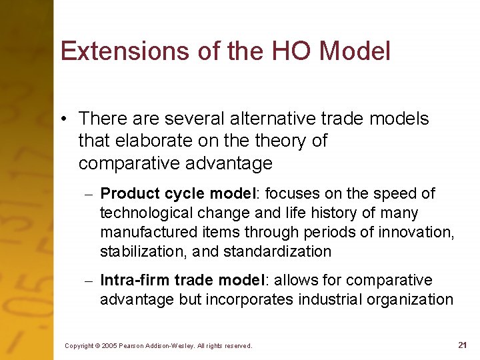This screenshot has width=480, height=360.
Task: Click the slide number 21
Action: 462,345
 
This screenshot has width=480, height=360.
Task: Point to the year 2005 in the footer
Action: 108,346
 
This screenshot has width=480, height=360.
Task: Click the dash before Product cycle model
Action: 88,194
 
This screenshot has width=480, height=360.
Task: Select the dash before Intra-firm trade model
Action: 88,281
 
